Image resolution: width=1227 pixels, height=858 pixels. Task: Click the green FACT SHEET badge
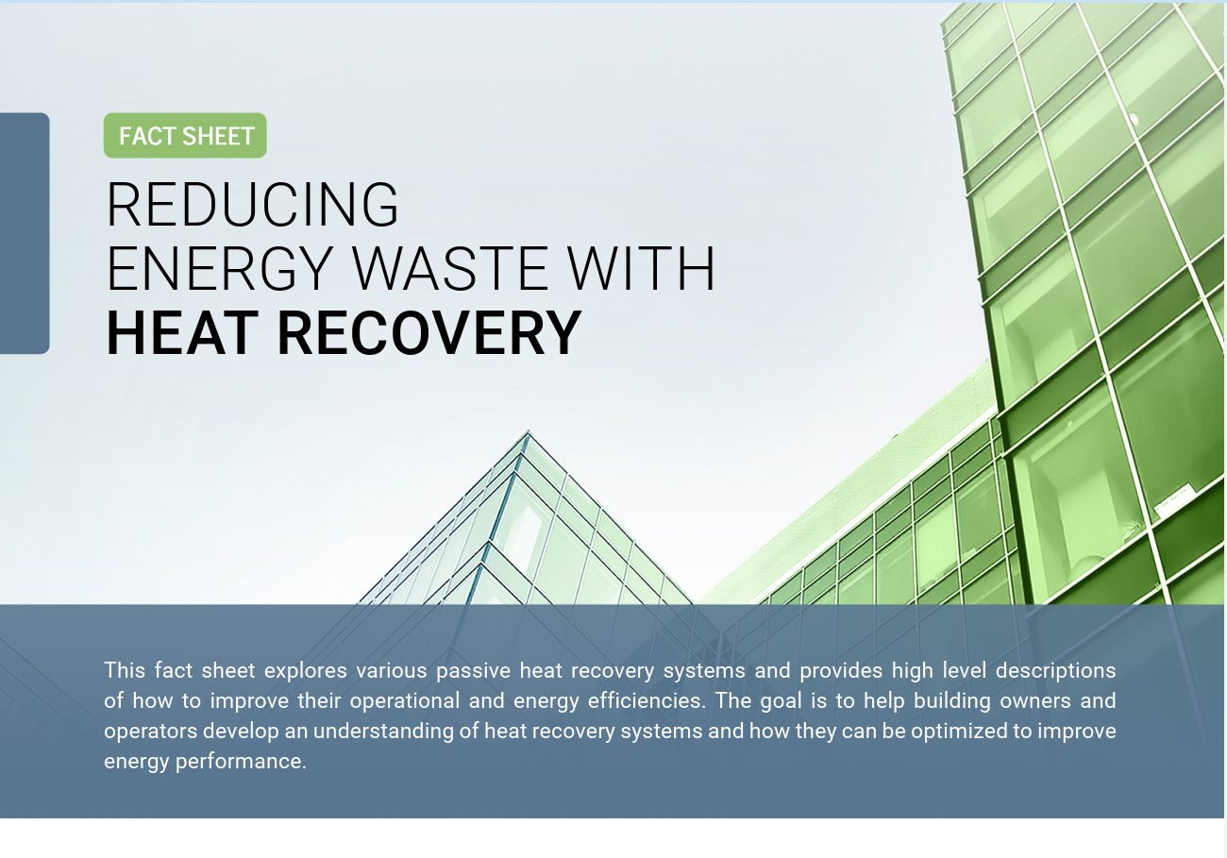[x=185, y=135]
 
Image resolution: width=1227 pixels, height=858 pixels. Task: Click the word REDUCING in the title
[x=253, y=205]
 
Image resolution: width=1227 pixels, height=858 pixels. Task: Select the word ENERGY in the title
[x=220, y=269]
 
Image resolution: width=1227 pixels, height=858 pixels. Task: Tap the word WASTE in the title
[x=449, y=268]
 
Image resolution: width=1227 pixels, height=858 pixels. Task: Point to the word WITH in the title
[x=641, y=268]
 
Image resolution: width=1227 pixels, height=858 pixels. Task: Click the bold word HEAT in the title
[x=182, y=333]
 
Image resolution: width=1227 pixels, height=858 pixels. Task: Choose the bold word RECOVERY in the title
[x=429, y=333]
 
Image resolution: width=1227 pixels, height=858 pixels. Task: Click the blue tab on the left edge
[x=25, y=233]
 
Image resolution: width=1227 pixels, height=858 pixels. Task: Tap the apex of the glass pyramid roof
[x=528, y=431]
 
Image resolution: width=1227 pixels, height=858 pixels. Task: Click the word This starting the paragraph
[x=125, y=670]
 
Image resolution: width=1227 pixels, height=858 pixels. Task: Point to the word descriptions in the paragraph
[x=1055, y=671]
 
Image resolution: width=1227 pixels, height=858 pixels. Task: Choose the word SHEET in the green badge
[x=217, y=137]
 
